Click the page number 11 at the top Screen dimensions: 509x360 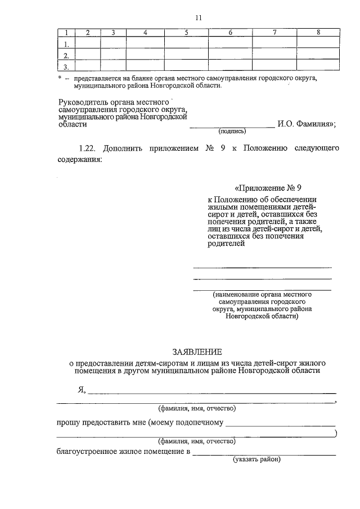pyautogui.click(x=199, y=17)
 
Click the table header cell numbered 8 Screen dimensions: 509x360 pyautogui.click(x=318, y=33)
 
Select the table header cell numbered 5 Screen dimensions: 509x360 pyautogui.click(x=186, y=33)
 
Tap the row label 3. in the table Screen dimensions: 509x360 pyautogui.click(x=66, y=66)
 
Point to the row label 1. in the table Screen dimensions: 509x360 pyautogui.click(x=66, y=43)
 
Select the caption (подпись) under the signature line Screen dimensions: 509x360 pyautogui.click(x=232, y=131)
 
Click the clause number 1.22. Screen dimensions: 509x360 pyautogui.click(x=88, y=148)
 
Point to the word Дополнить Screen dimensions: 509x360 pyautogui.click(x=125, y=148)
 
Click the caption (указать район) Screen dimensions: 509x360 pyautogui.click(x=257, y=460)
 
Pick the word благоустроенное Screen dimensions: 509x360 pyautogui.click(x=89, y=452)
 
